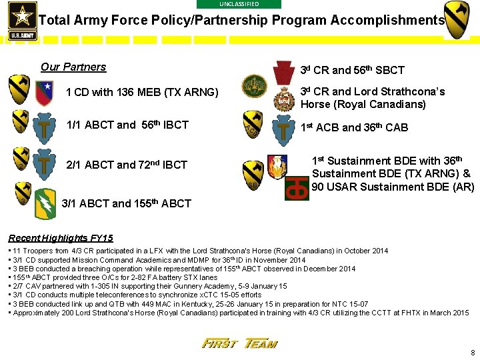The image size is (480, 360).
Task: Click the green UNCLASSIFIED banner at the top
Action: [239, 4]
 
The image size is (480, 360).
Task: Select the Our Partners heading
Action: [73, 67]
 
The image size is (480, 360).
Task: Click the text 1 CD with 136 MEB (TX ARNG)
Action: [142, 92]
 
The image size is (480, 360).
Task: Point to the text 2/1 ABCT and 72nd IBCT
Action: [127, 165]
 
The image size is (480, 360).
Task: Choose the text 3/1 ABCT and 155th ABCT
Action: [126, 203]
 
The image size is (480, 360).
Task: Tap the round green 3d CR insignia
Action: [254, 86]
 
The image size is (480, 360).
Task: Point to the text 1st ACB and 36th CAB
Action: [354, 127]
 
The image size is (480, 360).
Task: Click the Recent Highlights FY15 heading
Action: [61, 238]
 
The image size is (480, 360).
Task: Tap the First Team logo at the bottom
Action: [239, 343]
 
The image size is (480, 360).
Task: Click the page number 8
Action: [472, 353]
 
